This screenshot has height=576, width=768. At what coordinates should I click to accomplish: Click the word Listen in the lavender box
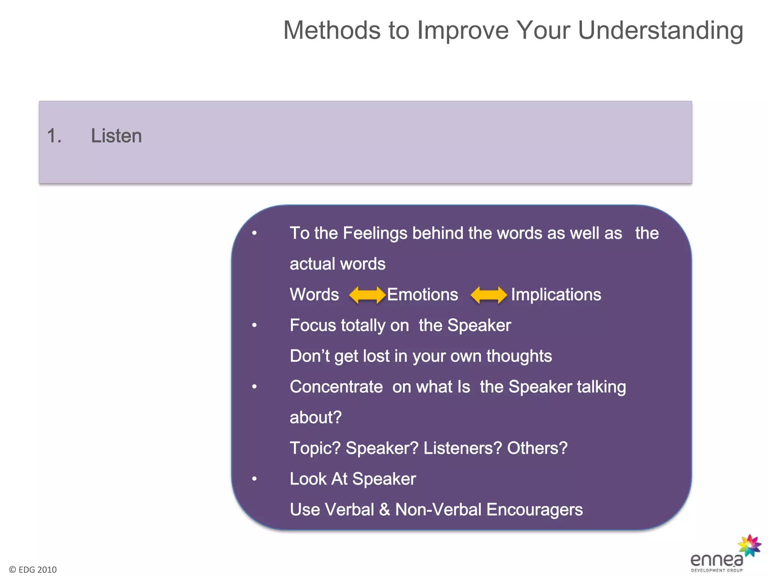(x=116, y=136)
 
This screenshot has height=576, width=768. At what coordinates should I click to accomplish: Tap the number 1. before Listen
(x=54, y=136)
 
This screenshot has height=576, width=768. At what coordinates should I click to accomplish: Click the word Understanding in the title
(x=660, y=30)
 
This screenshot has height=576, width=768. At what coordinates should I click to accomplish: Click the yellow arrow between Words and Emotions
(x=367, y=295)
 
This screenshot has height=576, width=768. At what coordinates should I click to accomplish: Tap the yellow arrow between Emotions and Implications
(x=489, y=295)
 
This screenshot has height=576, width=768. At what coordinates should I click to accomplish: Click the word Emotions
(x=422, y=295)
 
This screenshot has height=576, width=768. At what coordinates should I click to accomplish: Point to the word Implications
(x=556, y=295)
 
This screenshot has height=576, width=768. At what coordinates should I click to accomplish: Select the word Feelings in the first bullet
(x=375, y=233)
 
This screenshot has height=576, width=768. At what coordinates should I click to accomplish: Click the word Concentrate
(x=336, y=387)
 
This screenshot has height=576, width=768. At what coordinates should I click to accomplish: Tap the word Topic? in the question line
(x=315, y=448)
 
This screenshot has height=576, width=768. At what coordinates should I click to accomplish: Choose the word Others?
(x=537, y=448)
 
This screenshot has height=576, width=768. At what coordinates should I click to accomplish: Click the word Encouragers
(x=534, y=510)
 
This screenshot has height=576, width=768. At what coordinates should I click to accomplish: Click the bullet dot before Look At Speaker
(x=254, y=479)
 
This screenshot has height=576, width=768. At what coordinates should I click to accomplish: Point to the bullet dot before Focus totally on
(x=254, y=325)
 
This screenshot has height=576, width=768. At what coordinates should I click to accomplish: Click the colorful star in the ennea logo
(x=749, y=545)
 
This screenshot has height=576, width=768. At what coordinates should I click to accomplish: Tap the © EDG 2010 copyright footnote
(x=33, y=570)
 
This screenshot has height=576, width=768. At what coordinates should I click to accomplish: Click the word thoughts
(x=519, y=356)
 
